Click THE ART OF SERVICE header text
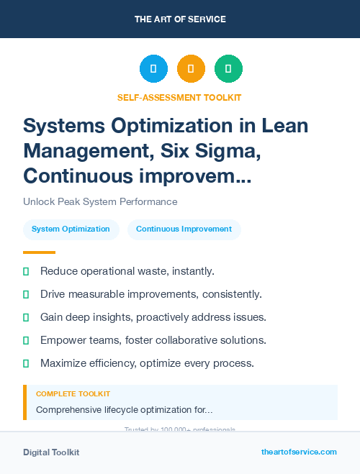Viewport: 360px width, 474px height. click(180, 19)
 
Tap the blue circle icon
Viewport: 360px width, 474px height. click(153, 69)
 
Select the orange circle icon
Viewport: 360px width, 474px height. click(191, 69)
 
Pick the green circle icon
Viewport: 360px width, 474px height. click(228, 69)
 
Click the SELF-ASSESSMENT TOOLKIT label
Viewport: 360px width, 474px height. click(180, 97)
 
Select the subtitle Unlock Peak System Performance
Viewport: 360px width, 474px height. click(100, 201)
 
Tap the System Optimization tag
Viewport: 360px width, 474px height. click(71, 229)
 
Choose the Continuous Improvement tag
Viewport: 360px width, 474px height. click(184, 229)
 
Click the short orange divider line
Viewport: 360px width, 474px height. click(39, 252)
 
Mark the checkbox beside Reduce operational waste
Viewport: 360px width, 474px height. click(26, 271)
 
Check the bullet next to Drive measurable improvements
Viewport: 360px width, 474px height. click(26, 294)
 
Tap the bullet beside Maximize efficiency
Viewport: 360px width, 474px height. click(26, 363)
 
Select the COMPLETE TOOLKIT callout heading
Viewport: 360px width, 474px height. click(73, 394)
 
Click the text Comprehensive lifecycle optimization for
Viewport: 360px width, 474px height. click(124, 410)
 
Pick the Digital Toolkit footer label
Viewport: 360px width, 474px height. click(51, 452)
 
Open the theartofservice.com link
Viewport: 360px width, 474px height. click(299, 452)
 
